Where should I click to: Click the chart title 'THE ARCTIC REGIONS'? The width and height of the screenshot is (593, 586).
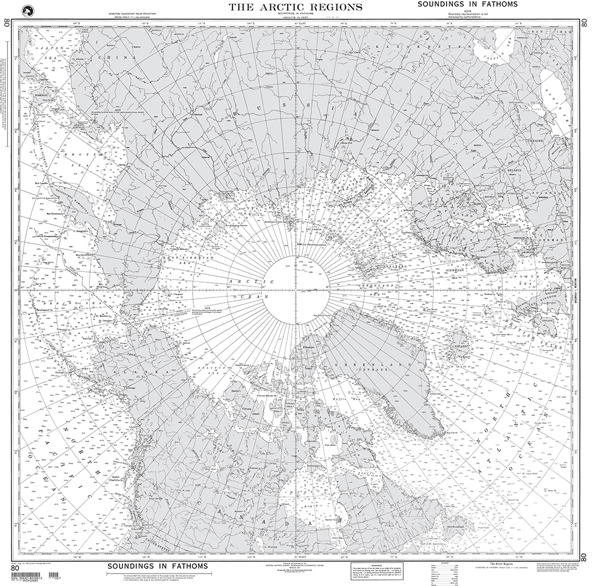click(295, 7)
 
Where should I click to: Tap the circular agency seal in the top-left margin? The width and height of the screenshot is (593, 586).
click(26, 10)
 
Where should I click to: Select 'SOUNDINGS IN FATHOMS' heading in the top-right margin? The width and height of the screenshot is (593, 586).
click(467, 4)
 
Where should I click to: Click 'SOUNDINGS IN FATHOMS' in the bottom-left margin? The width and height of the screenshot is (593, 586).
click(157, 566)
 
